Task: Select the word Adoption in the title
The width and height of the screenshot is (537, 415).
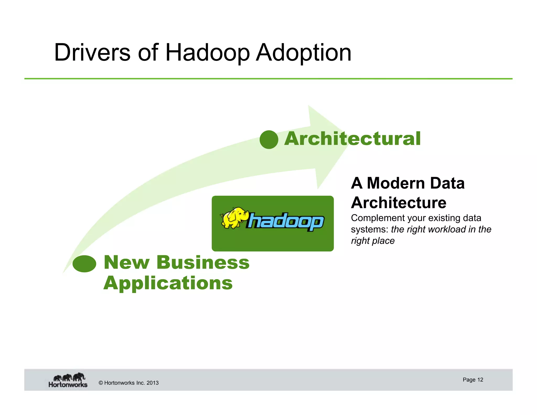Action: (303, 53)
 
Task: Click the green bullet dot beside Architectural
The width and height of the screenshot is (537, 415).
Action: (269, 140)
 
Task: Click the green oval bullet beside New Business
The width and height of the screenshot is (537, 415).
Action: (84, 264)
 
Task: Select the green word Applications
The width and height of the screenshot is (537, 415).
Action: (168, 283)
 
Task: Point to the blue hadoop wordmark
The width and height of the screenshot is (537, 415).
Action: (285, 221)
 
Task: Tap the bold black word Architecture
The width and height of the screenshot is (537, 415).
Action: (399, 203)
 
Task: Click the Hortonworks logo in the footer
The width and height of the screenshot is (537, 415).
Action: (68, 380)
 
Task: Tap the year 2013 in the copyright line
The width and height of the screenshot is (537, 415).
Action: (152, 383)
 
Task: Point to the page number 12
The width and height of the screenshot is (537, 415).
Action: (480, 380)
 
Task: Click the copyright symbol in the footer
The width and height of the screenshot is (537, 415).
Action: (101, 383)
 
